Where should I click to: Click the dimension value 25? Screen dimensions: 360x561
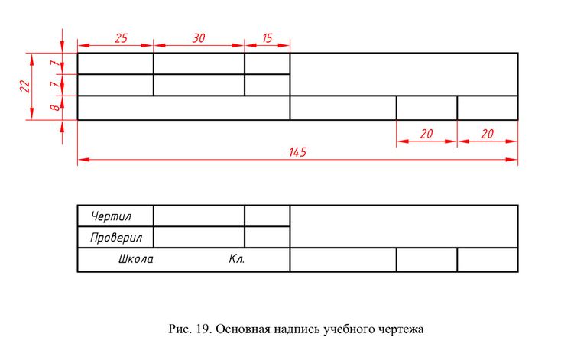tap(121, 37)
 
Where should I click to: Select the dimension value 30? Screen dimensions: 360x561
tap(199, 37)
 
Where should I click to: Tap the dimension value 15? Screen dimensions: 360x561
tap(267, 37)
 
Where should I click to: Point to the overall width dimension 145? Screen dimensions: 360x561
tap(297, 152)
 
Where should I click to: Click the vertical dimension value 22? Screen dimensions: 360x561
tap(24, 86)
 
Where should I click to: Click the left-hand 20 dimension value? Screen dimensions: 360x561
tap(426, 134)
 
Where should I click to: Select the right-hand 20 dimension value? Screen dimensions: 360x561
tap(487, 134)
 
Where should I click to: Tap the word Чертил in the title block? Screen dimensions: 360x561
tap(111, 216)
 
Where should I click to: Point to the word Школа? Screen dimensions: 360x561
tap(135, 260)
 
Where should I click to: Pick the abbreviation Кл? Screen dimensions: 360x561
tap(236, 260)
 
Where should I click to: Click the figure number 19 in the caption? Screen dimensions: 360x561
tap(204, 330)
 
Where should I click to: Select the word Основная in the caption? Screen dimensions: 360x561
tap(244, 330)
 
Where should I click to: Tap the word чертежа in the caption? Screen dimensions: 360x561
tap(400, 330)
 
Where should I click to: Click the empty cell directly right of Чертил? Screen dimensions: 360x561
tap(199, 216)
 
